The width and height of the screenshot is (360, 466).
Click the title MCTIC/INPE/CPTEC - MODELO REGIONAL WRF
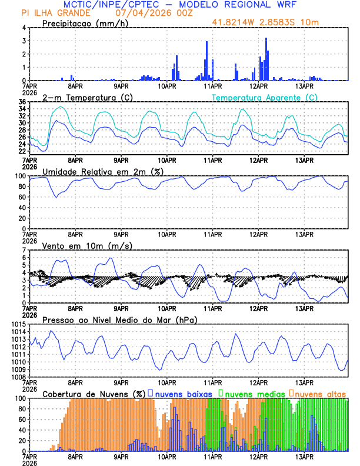coord(180,5)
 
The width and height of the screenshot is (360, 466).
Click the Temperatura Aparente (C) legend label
coord(265,97)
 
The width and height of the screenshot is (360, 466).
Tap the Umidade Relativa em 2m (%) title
coord(102,171)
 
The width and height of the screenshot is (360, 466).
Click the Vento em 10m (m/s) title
coord(87,245)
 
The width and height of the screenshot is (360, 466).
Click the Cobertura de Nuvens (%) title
coord(94,394)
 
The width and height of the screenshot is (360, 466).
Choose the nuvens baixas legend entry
coord(182,394)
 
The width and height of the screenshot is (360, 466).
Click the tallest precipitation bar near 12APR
coord(266,59)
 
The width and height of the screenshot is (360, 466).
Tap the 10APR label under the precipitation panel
coord(167,86)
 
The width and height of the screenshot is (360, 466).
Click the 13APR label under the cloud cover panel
coord(304,457)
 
